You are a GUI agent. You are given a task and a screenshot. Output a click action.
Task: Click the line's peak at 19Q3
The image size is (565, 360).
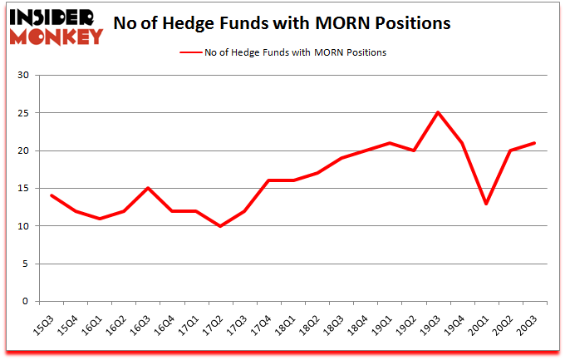tap(437, 112)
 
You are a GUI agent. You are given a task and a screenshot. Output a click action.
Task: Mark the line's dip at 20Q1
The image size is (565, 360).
tap(486, 204)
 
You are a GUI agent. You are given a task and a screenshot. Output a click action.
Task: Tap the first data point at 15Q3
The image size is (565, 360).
tap(52, 195)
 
